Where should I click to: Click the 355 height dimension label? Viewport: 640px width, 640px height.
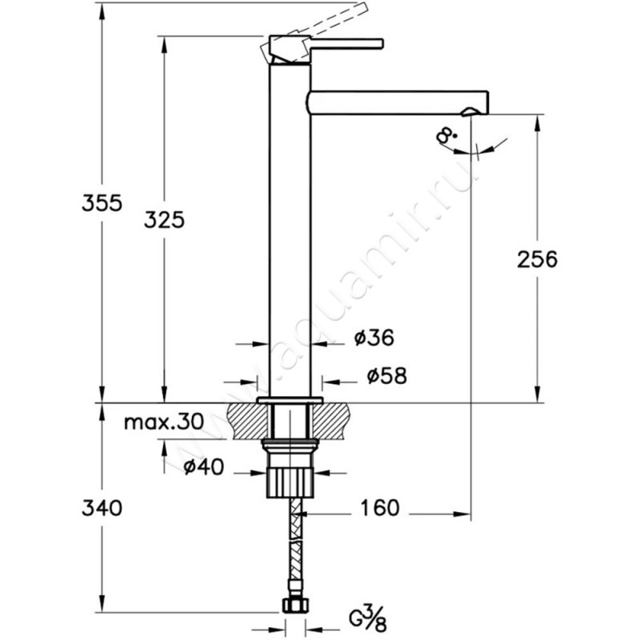pyautogui.click(x=102, y=203)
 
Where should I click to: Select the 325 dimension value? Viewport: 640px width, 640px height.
pyautogui.click(x=164, y=220)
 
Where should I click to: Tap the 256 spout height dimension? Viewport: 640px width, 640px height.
pyautogui.click(x=537, y=259)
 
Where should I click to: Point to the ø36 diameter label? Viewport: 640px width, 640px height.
pyautogui.click(x=374, y=338)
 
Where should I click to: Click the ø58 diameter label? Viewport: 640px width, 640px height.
pyautogui.click(x=387, y=375)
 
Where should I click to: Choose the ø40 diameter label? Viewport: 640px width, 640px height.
pyautogui.click(x=204, y=467)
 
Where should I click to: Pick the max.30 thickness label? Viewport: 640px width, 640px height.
pyautogui.click(x=164, y=422)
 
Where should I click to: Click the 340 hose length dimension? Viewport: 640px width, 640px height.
pyautogui.click(x=102, y=508)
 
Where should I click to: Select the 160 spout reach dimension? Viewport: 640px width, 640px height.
pyautogui.click(x=379, y=508)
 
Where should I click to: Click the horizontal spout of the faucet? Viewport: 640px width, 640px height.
pyautogui.click(x=398, y=102)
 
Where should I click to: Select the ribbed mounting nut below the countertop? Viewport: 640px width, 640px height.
pyautogui.click(x=290, y=482)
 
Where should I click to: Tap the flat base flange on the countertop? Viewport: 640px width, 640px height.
pyautogui.click(x=290, y=400)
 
